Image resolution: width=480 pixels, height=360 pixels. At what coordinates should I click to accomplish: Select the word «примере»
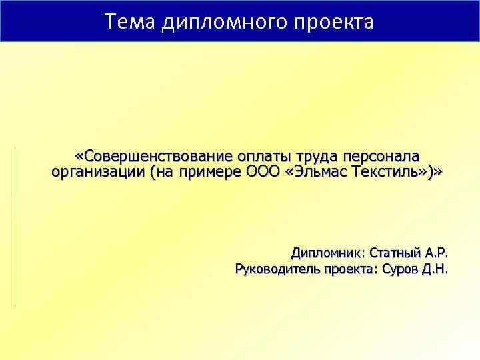click(209, 172)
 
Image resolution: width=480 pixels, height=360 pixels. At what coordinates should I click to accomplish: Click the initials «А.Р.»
click(437, 253)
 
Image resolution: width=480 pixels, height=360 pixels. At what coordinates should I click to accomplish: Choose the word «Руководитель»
click(277, 269)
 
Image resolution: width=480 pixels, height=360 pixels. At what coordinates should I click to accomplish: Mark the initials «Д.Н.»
click(437, 269)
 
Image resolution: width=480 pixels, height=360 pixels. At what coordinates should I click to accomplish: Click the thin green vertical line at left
click(15, 227)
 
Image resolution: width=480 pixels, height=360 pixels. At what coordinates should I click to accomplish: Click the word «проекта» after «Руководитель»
click(347, 269)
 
